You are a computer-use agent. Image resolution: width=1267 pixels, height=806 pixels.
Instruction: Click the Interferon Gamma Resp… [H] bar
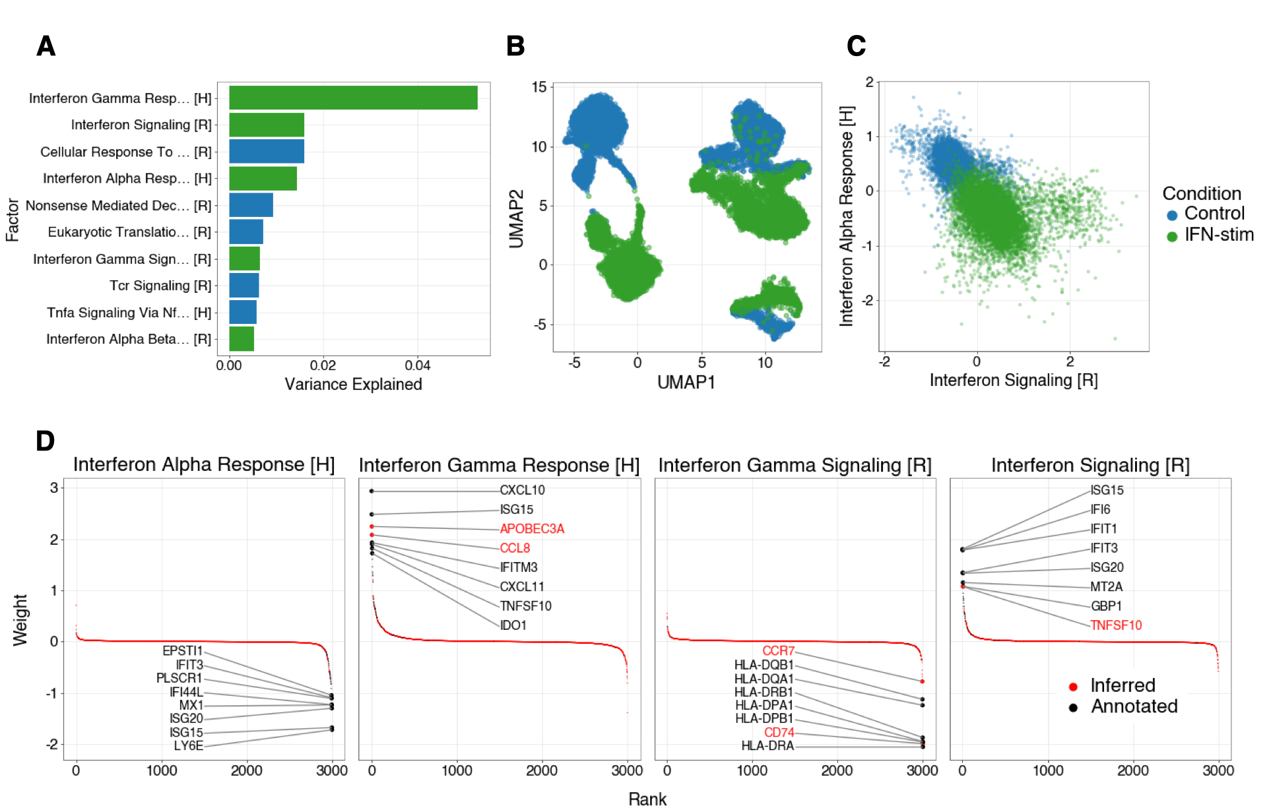(353, 98)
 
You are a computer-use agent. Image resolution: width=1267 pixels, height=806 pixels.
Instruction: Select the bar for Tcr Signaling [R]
(244, 286)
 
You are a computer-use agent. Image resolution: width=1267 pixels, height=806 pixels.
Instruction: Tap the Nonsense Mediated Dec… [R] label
(118, 206)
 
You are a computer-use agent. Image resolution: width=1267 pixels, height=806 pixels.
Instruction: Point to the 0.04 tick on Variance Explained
(418, 365)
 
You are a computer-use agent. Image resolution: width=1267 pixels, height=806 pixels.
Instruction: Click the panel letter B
(515, 46)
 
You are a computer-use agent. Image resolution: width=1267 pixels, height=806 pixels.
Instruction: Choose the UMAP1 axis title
(686, 383)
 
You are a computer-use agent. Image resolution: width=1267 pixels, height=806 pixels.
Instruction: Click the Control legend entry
(1214, 214)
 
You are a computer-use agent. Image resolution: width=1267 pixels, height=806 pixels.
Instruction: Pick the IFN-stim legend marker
(1172, 236)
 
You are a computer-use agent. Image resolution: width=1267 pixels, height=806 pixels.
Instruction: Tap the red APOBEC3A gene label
(532, 529)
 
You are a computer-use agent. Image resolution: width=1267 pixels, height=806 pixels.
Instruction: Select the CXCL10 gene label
(522, 490)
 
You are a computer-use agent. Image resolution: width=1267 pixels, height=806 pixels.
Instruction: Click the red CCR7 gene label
(779, 651)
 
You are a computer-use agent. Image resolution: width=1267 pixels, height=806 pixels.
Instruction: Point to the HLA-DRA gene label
(767, 746)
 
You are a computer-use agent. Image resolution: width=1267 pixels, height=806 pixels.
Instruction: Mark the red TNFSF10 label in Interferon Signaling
(1116, 625)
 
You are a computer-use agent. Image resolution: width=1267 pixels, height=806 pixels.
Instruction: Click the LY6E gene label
(189, 746)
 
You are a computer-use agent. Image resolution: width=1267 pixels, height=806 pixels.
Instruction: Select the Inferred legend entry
(1122, 686)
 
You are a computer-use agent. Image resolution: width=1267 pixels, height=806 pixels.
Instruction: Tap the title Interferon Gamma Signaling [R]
(795, 466)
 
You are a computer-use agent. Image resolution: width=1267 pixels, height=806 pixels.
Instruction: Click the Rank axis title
(647, 799)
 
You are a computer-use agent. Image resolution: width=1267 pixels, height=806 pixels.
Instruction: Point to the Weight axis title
(20, 620)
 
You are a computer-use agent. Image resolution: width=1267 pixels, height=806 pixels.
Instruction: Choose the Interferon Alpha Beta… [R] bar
(242, 339)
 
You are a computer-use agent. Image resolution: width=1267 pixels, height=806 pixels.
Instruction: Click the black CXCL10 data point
(372, 491)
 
